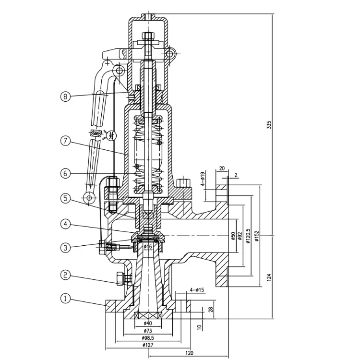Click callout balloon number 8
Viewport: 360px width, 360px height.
[x=65, y=96]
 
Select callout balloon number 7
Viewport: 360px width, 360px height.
[x=65, y=141]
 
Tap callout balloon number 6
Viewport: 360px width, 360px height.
[x=65, y=174]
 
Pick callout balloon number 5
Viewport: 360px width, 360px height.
[x=65, y=198]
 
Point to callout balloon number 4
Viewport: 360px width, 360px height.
[x=65, y=223]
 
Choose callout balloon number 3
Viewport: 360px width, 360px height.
[x=65, y=248]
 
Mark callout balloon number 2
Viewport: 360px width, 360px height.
[x=65, y=276]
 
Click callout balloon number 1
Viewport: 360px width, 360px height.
[x=65, y=298]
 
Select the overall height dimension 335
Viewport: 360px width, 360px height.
[x=269, y=125]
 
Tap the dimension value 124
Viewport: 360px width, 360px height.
[x=269, y=277]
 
